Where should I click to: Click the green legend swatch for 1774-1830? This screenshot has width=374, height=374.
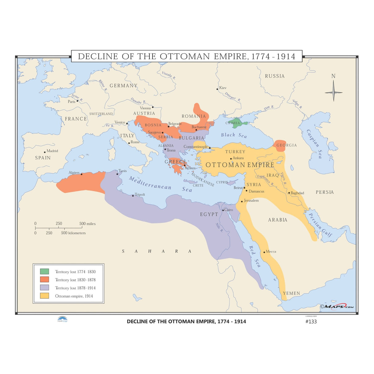(x=44, y=271)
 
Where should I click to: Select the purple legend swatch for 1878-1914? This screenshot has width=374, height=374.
(x=44, y=287)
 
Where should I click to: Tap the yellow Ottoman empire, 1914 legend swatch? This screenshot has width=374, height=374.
(x=44, y=296)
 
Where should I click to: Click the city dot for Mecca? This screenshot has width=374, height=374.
(x=264, y=252)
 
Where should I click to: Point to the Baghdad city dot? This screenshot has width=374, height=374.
(x=289, y=193)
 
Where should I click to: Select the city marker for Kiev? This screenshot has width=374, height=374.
(x=217, y=89)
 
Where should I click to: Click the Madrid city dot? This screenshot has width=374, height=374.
(x=45, y=152)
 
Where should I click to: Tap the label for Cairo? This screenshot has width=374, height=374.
(x=229, y=210)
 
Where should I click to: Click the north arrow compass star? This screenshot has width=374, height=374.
(x=333, y=92)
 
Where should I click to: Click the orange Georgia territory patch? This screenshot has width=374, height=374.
(x=280, y=146)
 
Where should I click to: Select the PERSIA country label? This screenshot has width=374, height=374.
(x=325, y=192)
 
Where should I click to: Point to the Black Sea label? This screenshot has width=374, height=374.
(x=234, y=135)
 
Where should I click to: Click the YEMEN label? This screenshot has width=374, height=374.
(x=291, y=293)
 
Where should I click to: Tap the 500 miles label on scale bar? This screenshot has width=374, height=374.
(x=87, y=224)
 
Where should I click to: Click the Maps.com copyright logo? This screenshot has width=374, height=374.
(x=337, y=306)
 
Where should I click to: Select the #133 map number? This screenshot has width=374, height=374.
(x=311, y=321)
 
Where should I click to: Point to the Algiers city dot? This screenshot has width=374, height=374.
(x=81, y=174)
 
